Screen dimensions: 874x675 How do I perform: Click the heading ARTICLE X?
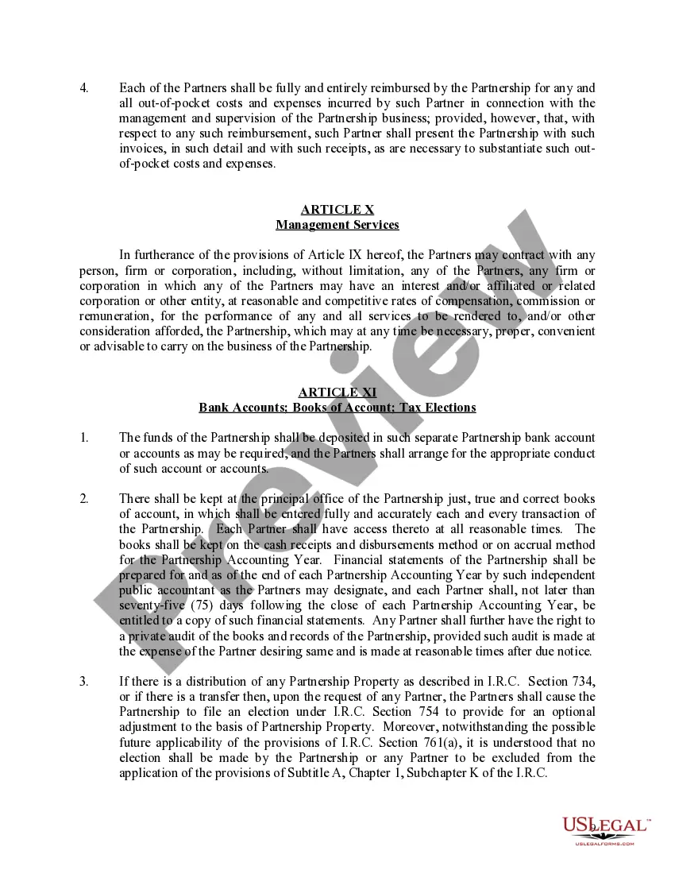337,210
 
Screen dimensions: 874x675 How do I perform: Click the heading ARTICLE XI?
337,393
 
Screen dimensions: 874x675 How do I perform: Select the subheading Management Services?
337,225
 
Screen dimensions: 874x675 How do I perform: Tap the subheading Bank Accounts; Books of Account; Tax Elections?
337,408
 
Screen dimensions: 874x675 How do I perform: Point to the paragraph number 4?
84,88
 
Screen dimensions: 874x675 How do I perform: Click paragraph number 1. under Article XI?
84,438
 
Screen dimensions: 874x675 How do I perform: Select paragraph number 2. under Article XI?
84,499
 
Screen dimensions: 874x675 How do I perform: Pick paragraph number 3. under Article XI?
84,682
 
